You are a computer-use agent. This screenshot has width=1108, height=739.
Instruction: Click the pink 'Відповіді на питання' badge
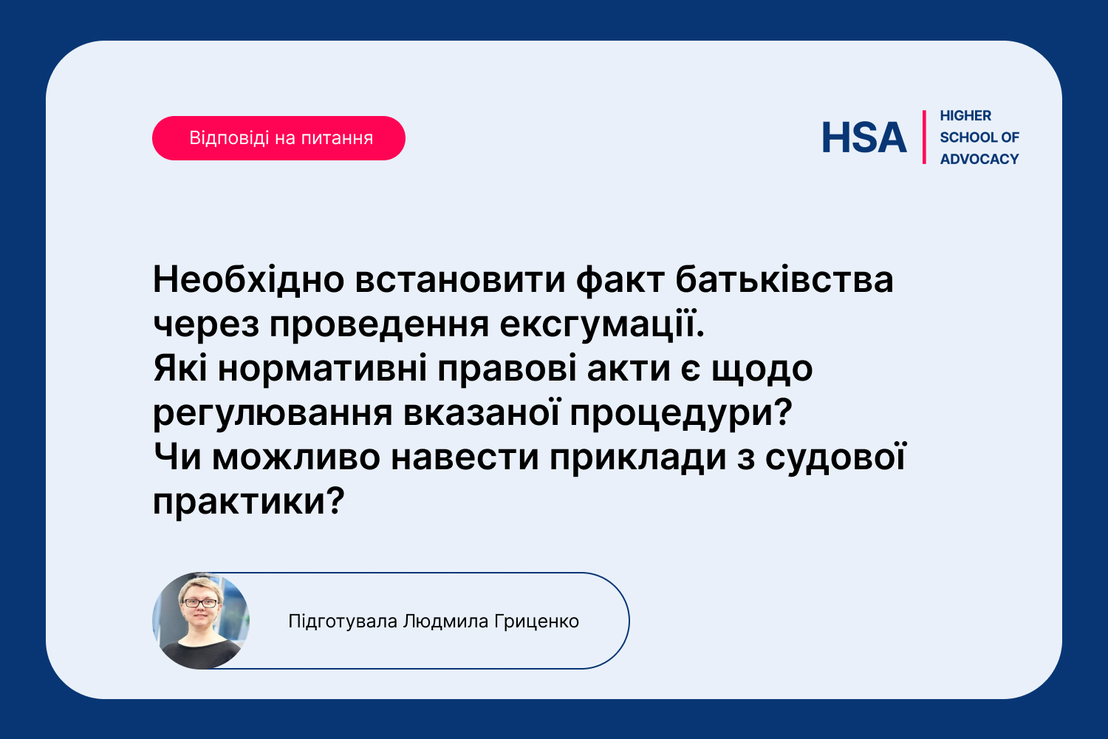pos(278,138)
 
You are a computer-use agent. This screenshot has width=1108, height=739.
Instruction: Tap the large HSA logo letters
pos(864,137)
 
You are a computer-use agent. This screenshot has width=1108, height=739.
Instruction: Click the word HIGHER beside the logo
pos(965,116)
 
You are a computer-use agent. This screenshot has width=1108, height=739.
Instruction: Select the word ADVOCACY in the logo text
pos(979,159)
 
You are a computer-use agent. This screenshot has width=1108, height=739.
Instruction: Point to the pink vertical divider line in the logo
pos(924,137)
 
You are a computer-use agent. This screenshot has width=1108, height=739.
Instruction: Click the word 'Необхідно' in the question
pos(249,280)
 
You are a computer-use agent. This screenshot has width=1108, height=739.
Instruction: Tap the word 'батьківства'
pos(784,280)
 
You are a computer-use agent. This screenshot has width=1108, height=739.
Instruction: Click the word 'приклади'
pos(637,458)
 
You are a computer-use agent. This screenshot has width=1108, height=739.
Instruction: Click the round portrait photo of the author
pos(200,621)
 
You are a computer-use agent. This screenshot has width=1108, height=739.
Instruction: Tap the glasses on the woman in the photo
pos(200,603)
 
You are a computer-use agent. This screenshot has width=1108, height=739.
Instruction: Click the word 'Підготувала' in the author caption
pos(343,621)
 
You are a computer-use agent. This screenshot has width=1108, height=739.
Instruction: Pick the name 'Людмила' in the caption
pos(445,621)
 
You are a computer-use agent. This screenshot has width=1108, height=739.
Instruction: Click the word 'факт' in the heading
pos(620,280)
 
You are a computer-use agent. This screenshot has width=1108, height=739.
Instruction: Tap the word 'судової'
pos(836,458)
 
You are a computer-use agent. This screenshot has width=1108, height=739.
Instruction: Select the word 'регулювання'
pos(273,414)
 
